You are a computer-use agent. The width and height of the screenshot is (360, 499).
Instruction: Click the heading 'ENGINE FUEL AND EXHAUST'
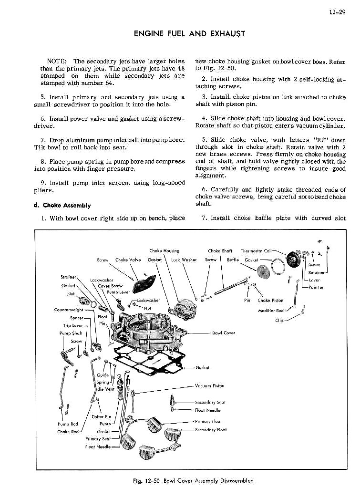[x=190, y=33]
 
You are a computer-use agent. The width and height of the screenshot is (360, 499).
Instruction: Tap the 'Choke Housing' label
[x=164, y=250]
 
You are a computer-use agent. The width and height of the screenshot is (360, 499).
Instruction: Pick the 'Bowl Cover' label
[x=223, y=333]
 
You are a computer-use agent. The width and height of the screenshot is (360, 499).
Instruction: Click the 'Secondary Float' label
[x=211, y=430]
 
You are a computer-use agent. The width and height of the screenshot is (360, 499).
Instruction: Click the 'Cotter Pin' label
[x=101, y=416]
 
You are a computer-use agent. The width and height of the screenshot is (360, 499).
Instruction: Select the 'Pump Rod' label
[x=68, y=424]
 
